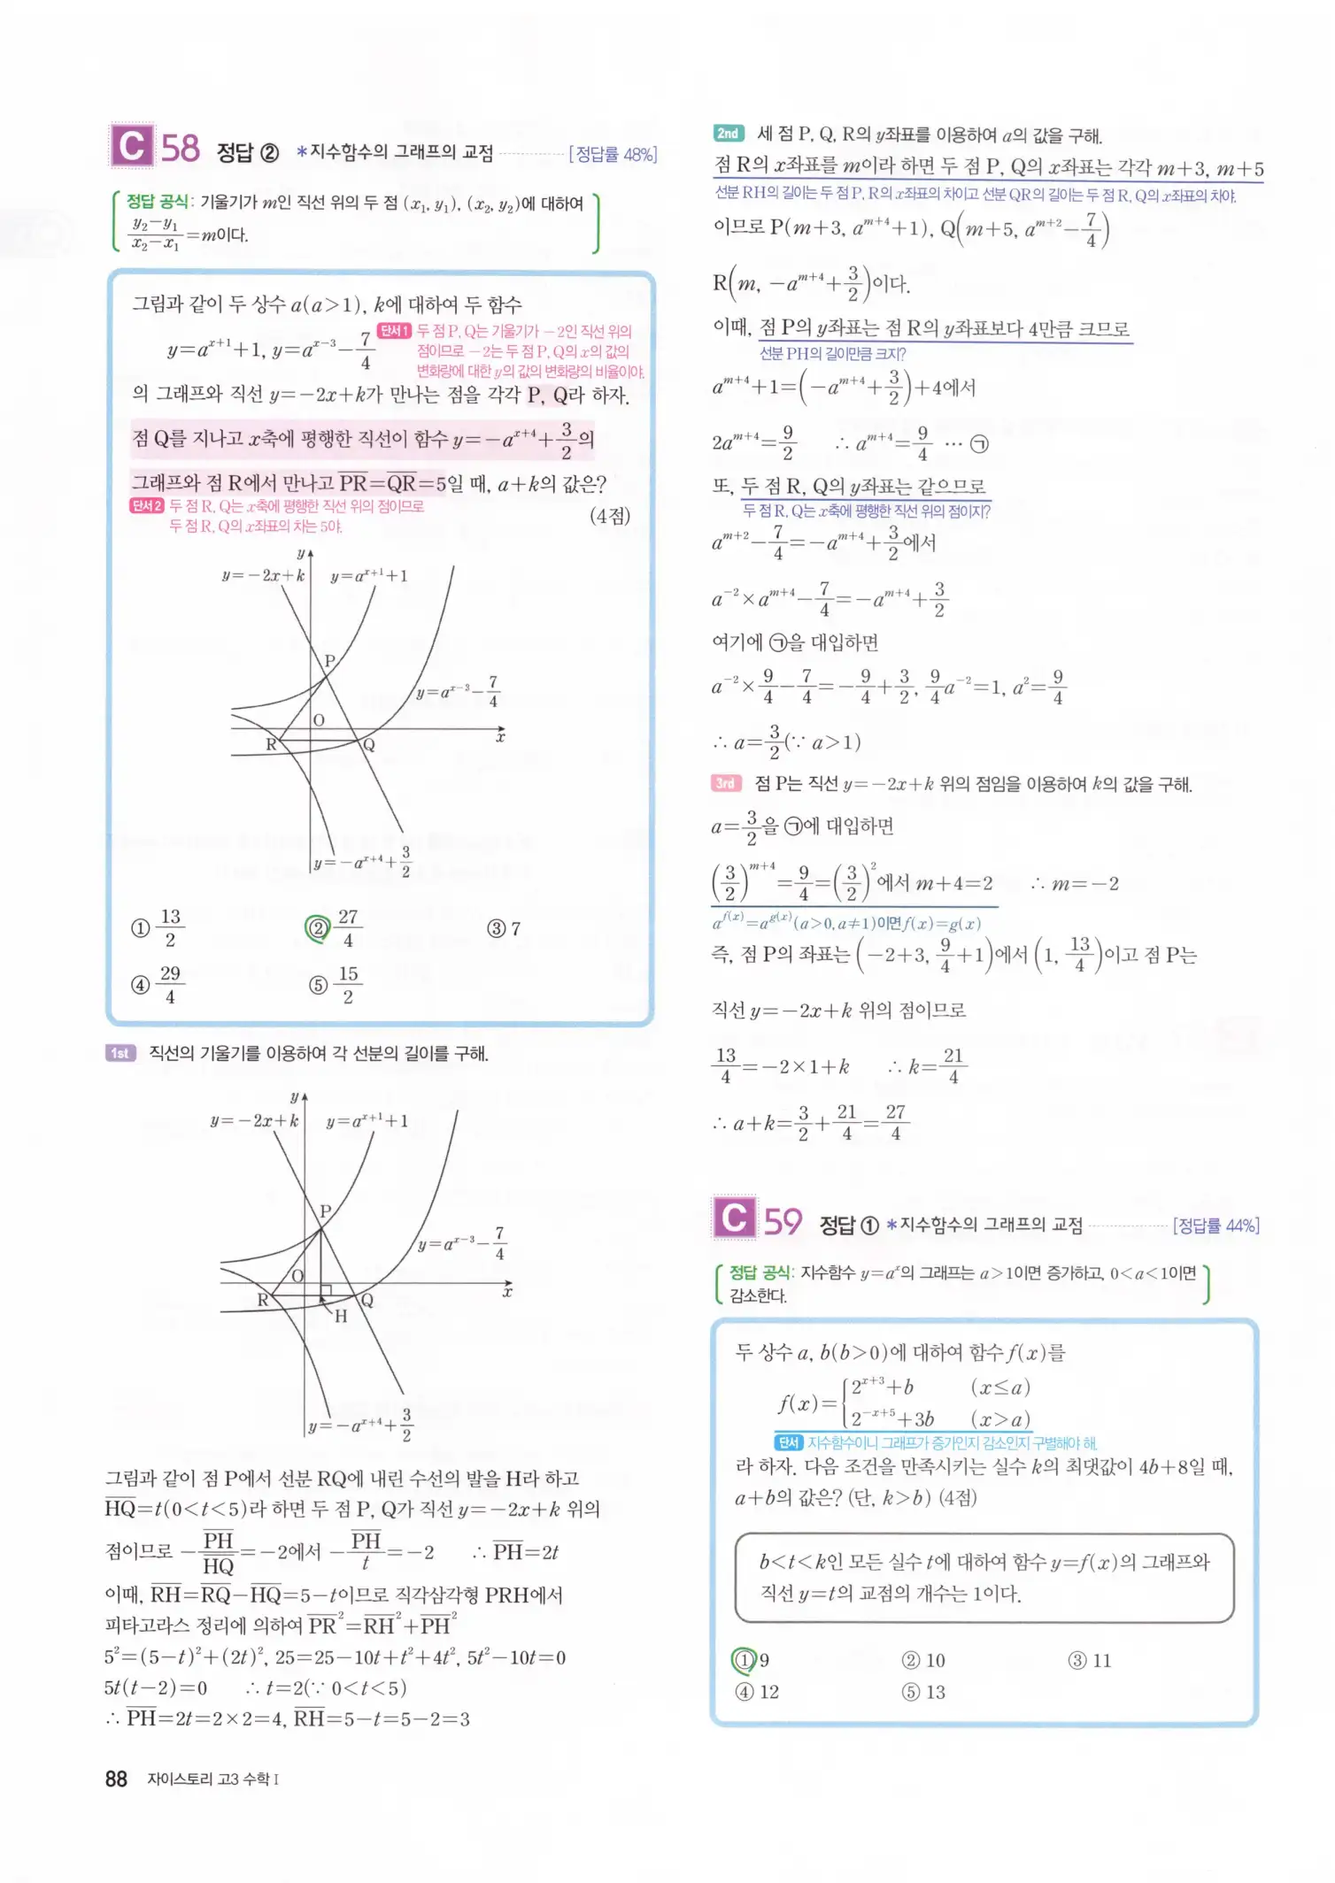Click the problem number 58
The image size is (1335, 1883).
point(180,149)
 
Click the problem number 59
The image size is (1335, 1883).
point(783,1222)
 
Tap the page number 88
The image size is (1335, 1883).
point(116,1779)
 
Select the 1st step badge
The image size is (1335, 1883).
point(120,1053)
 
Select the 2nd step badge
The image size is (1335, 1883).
point(729,134)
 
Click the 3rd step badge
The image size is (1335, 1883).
point(726,783)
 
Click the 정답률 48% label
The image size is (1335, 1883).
point(613,155)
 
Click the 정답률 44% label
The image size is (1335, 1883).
point(1215,1226)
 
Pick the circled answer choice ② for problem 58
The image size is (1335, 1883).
point(317,928)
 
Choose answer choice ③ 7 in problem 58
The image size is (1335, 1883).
point(504,928)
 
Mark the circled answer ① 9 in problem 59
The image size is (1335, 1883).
point(745,1660)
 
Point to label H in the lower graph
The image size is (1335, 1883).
point(341,1316)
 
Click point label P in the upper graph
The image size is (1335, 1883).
point(329,660)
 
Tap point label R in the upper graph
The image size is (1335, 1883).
point(271,744)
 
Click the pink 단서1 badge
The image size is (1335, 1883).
point(394,331)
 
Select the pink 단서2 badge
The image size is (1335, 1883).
point(147,506)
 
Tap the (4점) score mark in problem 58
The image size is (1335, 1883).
point(610,516)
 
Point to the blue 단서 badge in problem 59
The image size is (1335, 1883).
point(788,1442)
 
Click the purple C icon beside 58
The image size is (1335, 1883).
point(132,146)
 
